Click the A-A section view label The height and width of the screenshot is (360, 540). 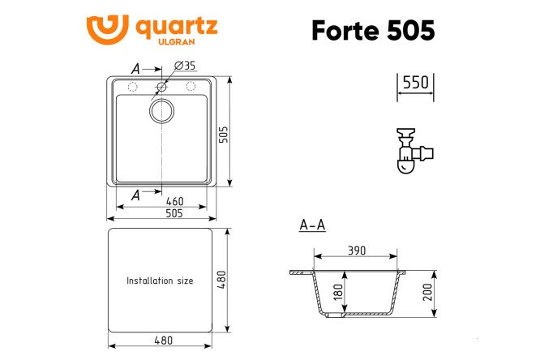point(312,225)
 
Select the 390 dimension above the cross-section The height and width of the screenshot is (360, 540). point(358,251)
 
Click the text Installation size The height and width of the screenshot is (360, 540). point(160,281)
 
